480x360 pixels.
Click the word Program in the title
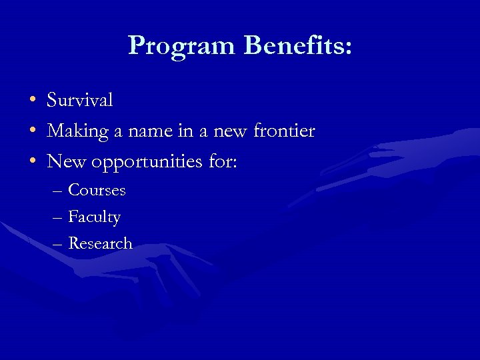182,45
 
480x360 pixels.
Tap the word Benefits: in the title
298,45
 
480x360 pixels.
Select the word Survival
80,100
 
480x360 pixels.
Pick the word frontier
284,131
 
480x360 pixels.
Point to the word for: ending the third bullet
221,161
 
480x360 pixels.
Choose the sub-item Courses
97,190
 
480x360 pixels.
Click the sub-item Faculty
95,217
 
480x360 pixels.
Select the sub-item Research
101,243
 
